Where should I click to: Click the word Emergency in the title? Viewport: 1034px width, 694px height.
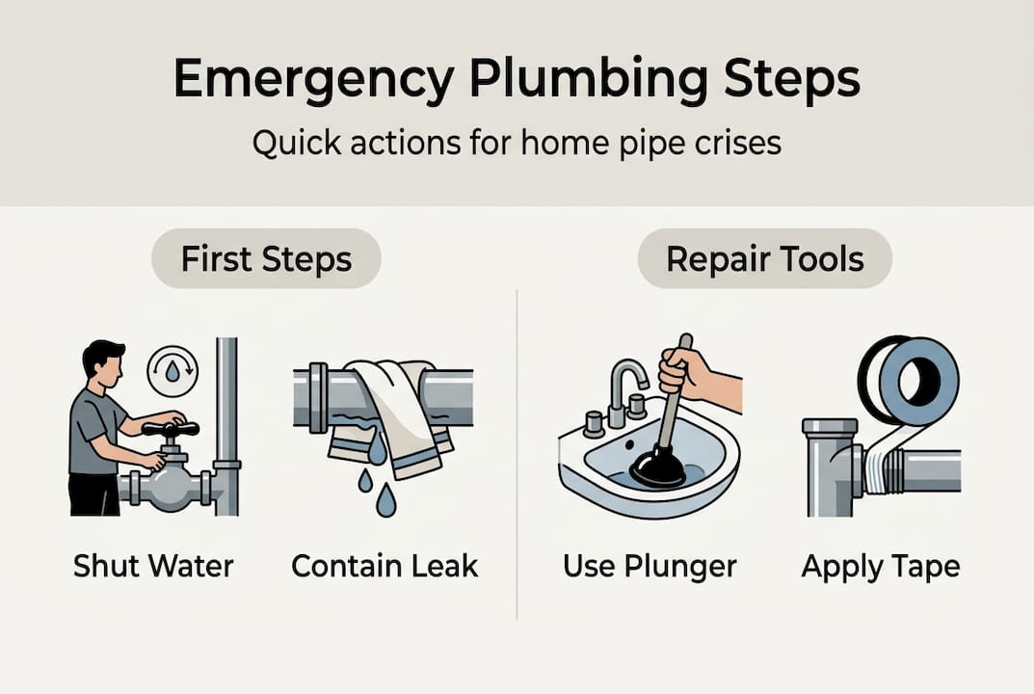[x=311, y=80]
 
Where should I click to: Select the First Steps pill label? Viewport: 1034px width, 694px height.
[x=266, y=258]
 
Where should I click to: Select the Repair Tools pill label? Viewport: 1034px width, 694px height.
[x=765, y=258]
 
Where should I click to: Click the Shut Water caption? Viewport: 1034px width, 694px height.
[x=153, y=566]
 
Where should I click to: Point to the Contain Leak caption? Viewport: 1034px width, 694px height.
[x=384, y=566]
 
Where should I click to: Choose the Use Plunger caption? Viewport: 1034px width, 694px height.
[x=650, y=566]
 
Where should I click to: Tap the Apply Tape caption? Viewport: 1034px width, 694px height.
[x=880, y=566]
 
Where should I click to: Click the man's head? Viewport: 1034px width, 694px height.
[x=101, y=361]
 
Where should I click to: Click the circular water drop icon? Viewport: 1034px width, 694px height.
[x=172, y=370]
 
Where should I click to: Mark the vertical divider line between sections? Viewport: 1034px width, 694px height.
[x=517, y=453]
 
